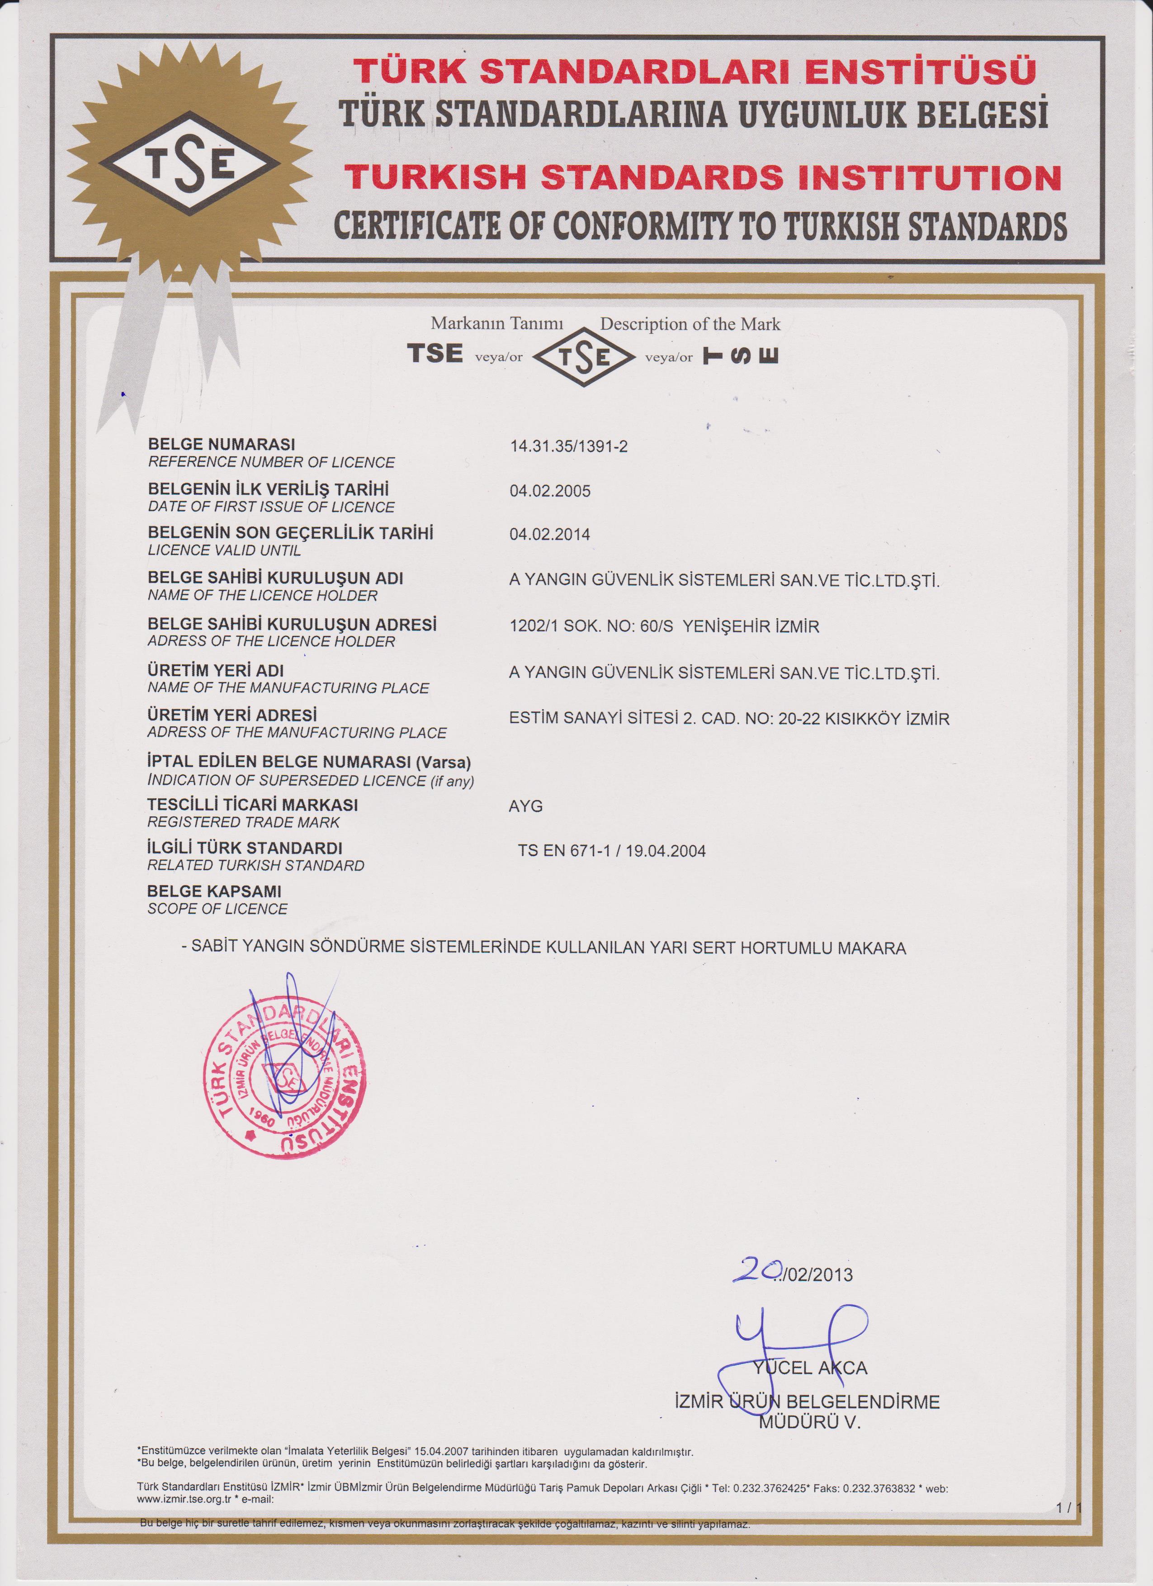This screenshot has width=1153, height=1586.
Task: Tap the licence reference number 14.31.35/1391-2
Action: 568,446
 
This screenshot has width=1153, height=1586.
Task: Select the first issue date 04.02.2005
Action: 549,491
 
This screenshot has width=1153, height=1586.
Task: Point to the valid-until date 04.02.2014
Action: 549,534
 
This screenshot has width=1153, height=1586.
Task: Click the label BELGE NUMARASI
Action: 222,444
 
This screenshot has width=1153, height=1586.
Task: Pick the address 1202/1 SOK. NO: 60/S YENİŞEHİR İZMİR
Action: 664,626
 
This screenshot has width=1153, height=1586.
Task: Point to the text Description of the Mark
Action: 690,324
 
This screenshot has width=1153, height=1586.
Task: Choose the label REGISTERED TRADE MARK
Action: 243,822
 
